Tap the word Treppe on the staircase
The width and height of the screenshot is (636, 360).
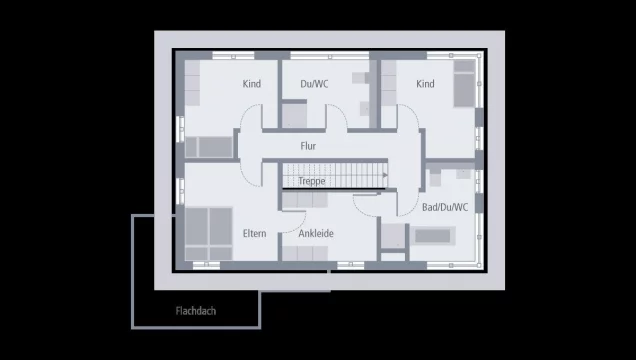click(x=311, y=181)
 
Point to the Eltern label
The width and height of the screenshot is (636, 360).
click(x=254, y=233)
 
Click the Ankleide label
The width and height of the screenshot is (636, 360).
click(x=316, y=233)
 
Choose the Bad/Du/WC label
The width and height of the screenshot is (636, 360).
click(x=445, y=207)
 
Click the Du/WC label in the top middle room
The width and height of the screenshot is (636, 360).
click(x=313, y=84)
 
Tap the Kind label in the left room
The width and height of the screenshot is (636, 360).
click(x=251, y=84)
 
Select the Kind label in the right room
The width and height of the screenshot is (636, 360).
click(x=426, y=84)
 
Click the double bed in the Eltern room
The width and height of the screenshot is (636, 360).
click(x=207, y=234)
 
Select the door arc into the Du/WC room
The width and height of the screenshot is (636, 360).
click(x=334, y=118)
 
